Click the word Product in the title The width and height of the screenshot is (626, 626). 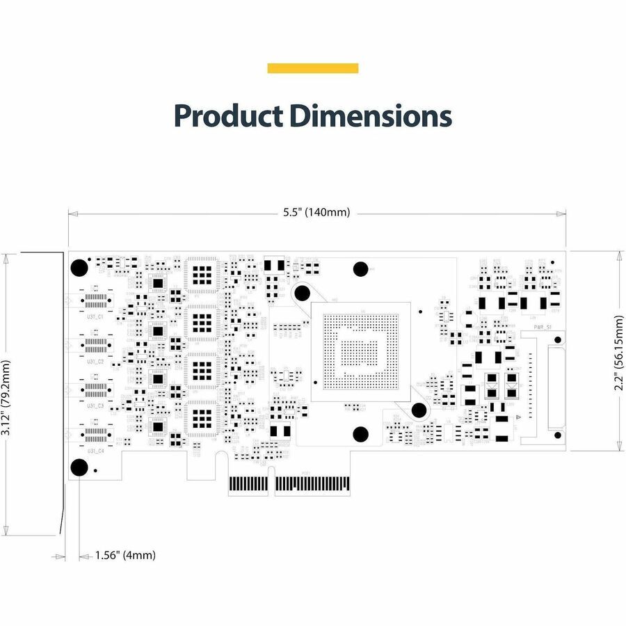227,115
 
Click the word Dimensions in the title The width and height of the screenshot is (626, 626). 371,115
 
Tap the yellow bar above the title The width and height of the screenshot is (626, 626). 313,68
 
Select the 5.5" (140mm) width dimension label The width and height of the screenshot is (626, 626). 316,212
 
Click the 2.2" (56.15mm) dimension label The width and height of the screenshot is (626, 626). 619,351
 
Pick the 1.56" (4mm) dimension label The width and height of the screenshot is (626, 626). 126,555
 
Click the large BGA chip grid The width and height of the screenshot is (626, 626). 360,351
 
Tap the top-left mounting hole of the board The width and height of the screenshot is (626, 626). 79,266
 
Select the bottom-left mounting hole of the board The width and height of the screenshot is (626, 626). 79,467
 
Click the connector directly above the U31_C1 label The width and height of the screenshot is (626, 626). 95,301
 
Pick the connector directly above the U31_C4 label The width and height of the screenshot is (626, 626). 95,434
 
